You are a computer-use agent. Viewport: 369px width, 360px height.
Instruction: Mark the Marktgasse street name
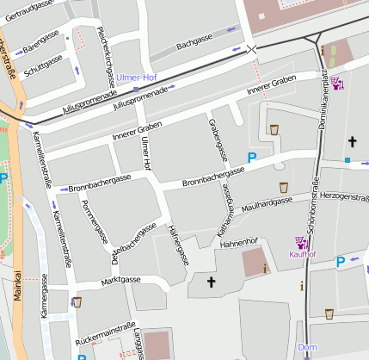pos(120,280)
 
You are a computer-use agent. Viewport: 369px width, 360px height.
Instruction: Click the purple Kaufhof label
pos(303,254)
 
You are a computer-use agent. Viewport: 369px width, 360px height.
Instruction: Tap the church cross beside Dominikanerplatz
pos(351,140)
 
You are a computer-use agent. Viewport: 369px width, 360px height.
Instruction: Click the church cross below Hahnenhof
pos(212,282)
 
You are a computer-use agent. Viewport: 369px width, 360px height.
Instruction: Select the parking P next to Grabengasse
pos(252,158)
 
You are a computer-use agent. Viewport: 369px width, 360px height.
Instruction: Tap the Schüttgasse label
pos(44,66)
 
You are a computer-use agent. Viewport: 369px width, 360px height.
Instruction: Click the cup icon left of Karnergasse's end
pos(77,302)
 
